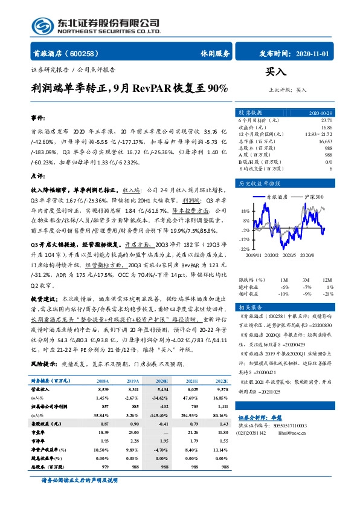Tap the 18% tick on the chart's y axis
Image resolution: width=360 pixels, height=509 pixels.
click(x=245, y=211)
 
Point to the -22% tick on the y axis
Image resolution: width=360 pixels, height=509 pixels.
click(x=244, y=248)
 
